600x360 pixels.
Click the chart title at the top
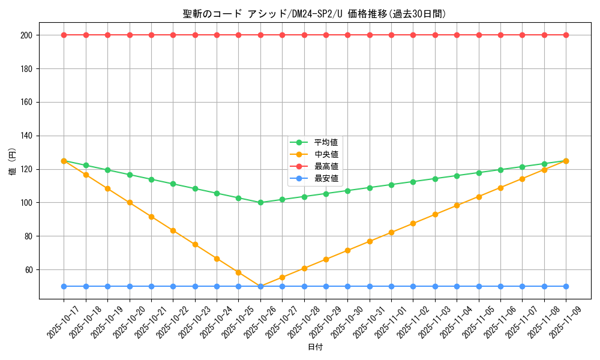tap(314, 14)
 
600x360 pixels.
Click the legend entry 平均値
tap(326, 142)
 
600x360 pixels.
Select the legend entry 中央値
tap(326, 154)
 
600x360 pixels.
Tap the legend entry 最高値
tap(326, 166)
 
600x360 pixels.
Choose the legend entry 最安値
tap(326, 178)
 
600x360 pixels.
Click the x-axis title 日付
tap(314, 347)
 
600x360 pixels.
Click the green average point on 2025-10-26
tap(260, 202)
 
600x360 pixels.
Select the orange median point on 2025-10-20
tap(130, 202)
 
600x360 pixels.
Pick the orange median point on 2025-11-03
tap(435, 214)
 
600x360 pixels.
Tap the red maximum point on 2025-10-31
tap(370, 35)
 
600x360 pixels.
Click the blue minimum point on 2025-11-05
tap(479, 286)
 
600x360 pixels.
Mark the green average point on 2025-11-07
tap(522, 167)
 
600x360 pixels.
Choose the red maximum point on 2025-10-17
tap(64, 35)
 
